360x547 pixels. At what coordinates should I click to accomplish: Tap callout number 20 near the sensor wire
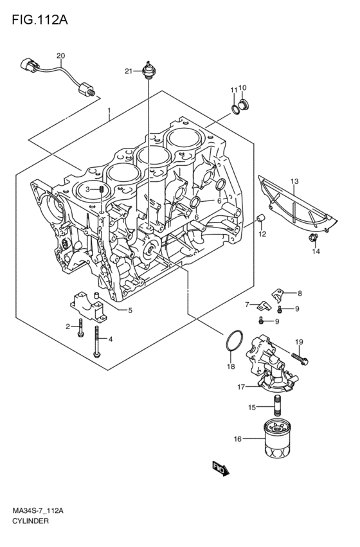(61, 56)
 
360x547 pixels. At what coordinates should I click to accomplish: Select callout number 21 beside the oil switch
(129, 71)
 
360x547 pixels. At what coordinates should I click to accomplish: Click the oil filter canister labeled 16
(280, 440)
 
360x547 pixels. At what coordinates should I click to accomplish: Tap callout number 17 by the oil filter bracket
(240, 387)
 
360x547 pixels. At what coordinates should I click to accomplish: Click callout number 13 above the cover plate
(294, 182)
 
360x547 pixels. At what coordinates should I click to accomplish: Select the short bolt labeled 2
(80, 328)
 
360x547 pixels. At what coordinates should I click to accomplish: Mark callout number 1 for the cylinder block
(109, 110)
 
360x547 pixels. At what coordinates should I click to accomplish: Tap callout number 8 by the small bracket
(300, 293)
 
